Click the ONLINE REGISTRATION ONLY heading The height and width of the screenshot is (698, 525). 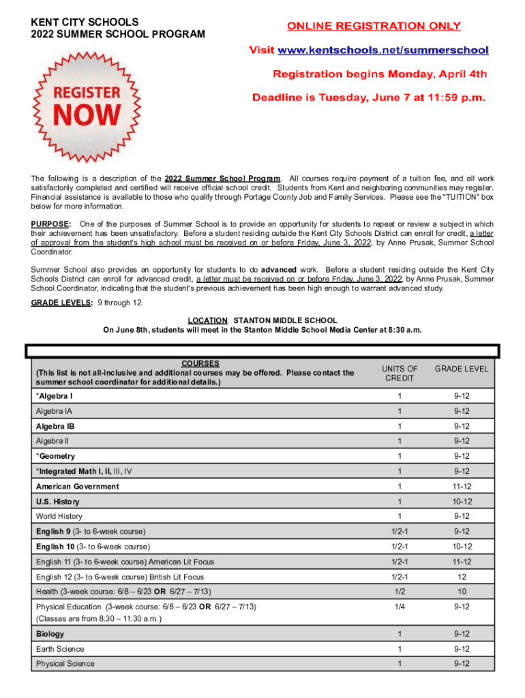pyautogui.click(x=374, y=27)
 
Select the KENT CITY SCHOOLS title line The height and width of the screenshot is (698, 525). pyautogui.click(x=85, y=22)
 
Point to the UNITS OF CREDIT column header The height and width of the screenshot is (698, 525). pyautogui.click(x=400, y=373)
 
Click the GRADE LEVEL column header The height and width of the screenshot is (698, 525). pyautogui.click(x=462, y=369)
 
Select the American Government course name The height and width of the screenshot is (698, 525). pyautogui.click(x=77, y=487)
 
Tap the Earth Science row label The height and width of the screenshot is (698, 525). pyautogui.click(x=60, y=649)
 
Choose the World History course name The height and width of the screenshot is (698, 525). pyautogui.click(x=59, y=516)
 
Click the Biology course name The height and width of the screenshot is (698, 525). pyautogui.click(x=51, y=634)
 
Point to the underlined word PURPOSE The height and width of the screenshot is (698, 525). pyautogui.click(x=50, y=224)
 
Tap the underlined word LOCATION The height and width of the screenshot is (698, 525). pyautogui.click(x=207, y=320)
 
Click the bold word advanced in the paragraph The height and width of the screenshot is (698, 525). pyautogui.click(x=278, y=271)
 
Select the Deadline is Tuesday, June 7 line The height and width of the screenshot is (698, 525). pyautogui.click(x=369, y=97)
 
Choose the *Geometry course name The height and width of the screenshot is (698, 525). pyautogui.click(x=55, y=456)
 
